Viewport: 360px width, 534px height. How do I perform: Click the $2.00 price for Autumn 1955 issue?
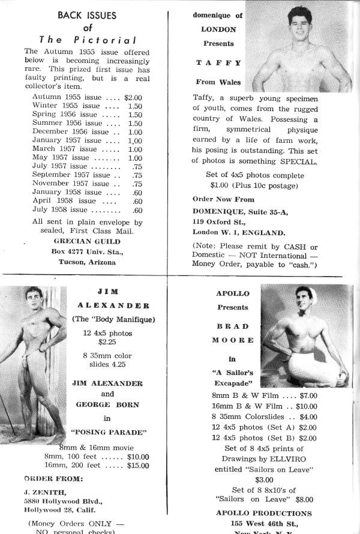(x=137, y=96)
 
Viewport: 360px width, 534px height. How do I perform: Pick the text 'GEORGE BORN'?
(x=107, y=404)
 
